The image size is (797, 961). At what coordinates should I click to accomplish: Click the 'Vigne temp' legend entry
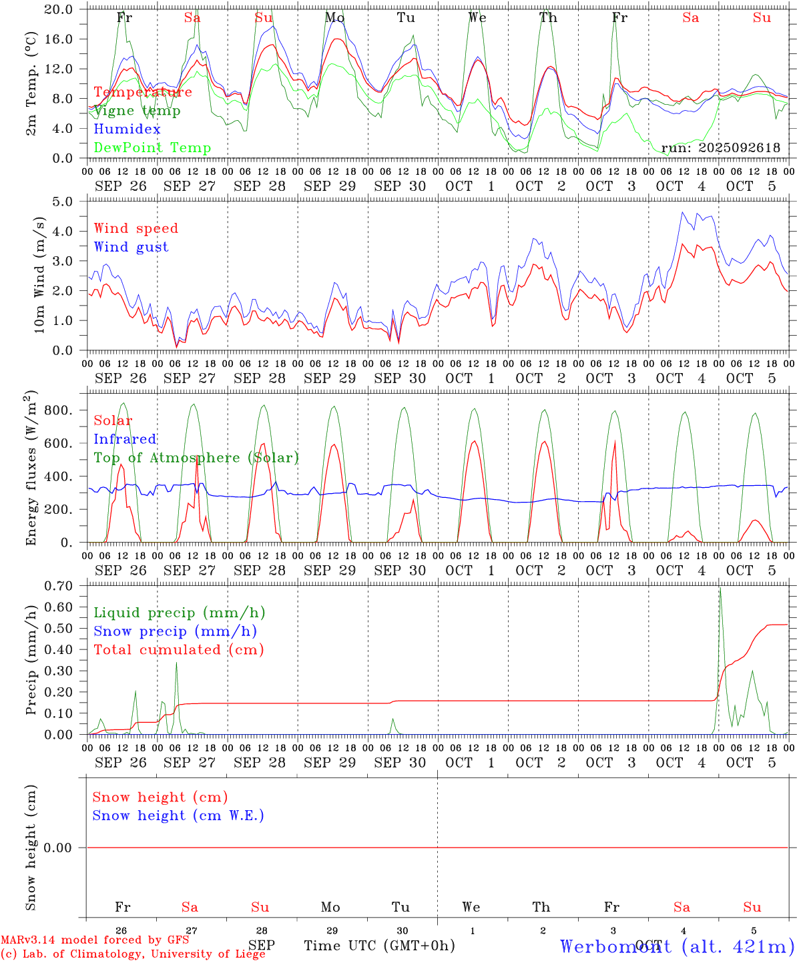pyautogui.click(x=137, y=111)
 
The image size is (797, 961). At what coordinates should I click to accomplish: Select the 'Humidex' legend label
pyautogui.click(x=127, y=129)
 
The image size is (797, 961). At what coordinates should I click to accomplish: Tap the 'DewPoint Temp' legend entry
pyautogui.click(x=152, y=148)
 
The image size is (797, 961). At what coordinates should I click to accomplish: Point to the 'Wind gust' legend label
pyautogui.click(x=131, y=247)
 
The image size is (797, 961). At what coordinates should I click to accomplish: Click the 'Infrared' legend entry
pyautogui.click(x=125, y=439)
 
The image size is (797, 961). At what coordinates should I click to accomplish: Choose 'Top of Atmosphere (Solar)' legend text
pyautogui.click(x=196, y=458)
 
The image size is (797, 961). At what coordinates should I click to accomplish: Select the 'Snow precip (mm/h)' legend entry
pyautogui.click(x=175, y=631)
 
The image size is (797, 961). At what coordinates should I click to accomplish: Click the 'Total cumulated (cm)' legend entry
pyautogui.click(x=179, y=650)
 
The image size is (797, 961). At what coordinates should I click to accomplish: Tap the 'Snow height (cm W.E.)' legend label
pyautogui.click(x=178, y=816)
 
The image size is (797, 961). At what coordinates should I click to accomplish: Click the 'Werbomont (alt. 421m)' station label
pyautogui.click(x=677, y=946)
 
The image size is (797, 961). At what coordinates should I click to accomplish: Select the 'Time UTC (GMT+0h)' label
pyautogui.click(x=379, y=946)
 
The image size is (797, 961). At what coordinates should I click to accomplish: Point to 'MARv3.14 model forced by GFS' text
pyautogui.click(x=95, y=940)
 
